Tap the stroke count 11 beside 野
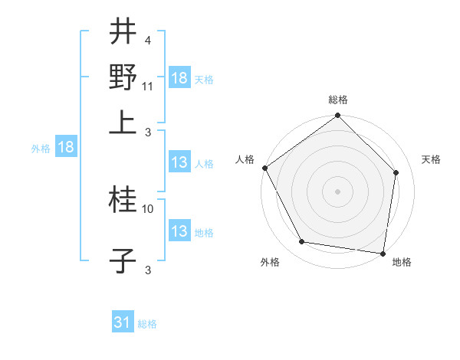coord(149,86)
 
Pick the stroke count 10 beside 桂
coord(149,208)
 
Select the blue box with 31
coord(122,323)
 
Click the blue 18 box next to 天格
coord(179,78)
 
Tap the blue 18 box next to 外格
coord(66,148)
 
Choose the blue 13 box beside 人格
coord(179,162)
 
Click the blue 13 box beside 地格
coord(179,231)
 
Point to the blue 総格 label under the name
coord(147,324)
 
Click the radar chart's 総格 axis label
coord(337,100)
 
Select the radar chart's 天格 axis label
coord(432,159)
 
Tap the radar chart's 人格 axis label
coord(245,159)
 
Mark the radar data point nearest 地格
coord(383,253)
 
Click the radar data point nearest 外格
coord(302,242)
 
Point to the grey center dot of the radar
coord(337,191)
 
